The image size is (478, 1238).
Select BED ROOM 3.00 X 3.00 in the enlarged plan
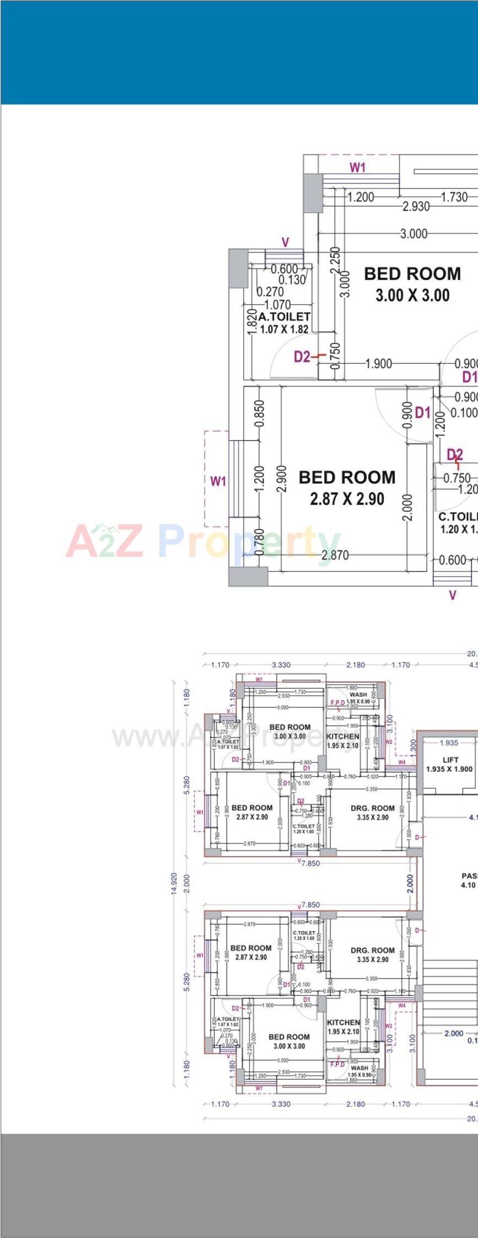point(412,284)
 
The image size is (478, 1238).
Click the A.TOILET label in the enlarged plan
point(284,322)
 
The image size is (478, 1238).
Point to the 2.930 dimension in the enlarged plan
point(416,207)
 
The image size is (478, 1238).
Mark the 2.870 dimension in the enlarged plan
point(335,555)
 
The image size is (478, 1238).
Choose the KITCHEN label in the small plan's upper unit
point(343,740)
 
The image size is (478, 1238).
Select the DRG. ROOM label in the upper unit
point(373,812)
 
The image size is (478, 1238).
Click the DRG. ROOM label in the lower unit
point(373,955)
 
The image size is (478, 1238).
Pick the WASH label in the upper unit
point(358,695)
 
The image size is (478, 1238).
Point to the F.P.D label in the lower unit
point(337,1064)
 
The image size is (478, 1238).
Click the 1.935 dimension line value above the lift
point(449,742)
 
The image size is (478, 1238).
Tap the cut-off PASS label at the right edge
point(469,876)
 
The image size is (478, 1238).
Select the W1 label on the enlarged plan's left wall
point(218,481)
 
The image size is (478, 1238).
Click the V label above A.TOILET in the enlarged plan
point(285,243)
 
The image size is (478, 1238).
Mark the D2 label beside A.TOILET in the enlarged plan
point(302,357)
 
